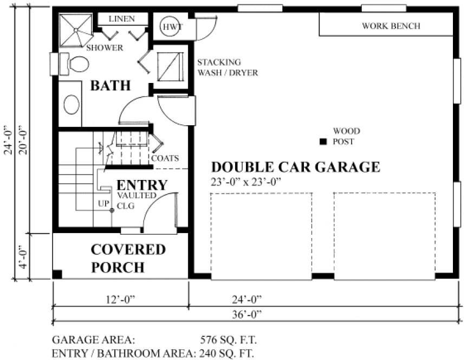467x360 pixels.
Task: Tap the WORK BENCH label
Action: (391, 25)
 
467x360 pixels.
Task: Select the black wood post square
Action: (322, 142)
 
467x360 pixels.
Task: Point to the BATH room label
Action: (111, 85)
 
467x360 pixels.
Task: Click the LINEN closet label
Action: (122, 18)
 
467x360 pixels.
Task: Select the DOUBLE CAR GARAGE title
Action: (295, 166)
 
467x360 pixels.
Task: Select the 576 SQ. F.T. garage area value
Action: (228, 340)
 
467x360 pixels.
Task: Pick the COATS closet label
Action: (165, 158)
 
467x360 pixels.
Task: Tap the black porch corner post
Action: (57, 274)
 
